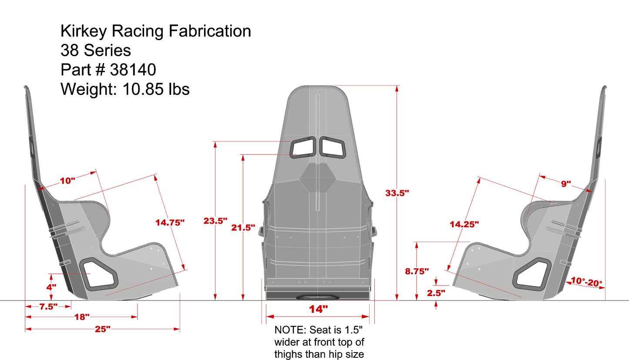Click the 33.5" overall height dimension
tap(397, 193)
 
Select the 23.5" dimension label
tap(215, 221)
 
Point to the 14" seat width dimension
tap(318, 310)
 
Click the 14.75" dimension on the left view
tap(170, 222)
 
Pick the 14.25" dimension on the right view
tap(464, 224)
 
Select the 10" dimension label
tap(67, 180)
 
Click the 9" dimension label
tap(565, 184)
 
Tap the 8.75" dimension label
tap(417, 271)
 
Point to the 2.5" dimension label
tap(436, 293)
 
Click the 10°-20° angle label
tap(586, 282)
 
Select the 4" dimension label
tap(51, 287)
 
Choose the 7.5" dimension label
tap(48, 306)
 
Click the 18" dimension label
tap(81, 317)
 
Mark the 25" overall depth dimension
tap(102, 330)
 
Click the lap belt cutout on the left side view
tap(99, 274)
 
